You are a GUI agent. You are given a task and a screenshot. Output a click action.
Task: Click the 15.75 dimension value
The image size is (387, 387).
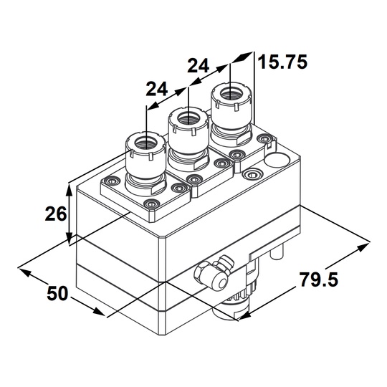click(282, 62)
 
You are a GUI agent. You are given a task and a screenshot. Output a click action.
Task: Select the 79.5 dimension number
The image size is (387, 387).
click(319, 279)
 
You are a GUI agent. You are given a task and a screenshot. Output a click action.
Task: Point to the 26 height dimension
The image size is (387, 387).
click(55, 214)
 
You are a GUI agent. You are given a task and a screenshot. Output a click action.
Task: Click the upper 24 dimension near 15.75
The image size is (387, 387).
click(198, 66)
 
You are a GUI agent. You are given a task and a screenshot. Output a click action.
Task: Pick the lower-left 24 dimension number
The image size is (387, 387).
click(157, 89)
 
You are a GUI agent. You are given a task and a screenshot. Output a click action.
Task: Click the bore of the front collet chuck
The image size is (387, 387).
click(146, 143)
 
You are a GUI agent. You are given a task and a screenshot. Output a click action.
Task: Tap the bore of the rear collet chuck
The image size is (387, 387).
click(231, 95)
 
